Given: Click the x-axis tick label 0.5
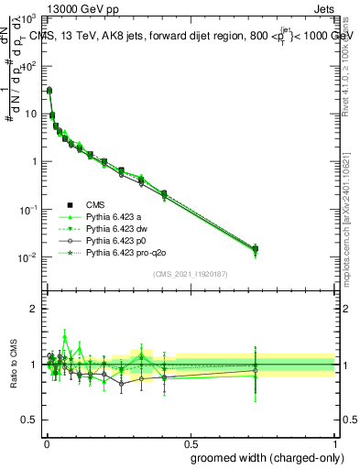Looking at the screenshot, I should [x=191, y=442].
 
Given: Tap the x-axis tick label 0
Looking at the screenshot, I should [x=46, y=442].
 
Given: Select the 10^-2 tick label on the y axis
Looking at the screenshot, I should [x=27, y=257].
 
